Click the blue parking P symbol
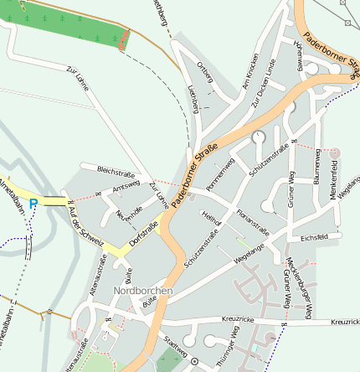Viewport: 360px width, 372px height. [x=33, y=203]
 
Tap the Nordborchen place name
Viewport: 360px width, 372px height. [x=142, y=292]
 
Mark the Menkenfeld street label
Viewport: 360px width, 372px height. [x=336, y=182]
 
